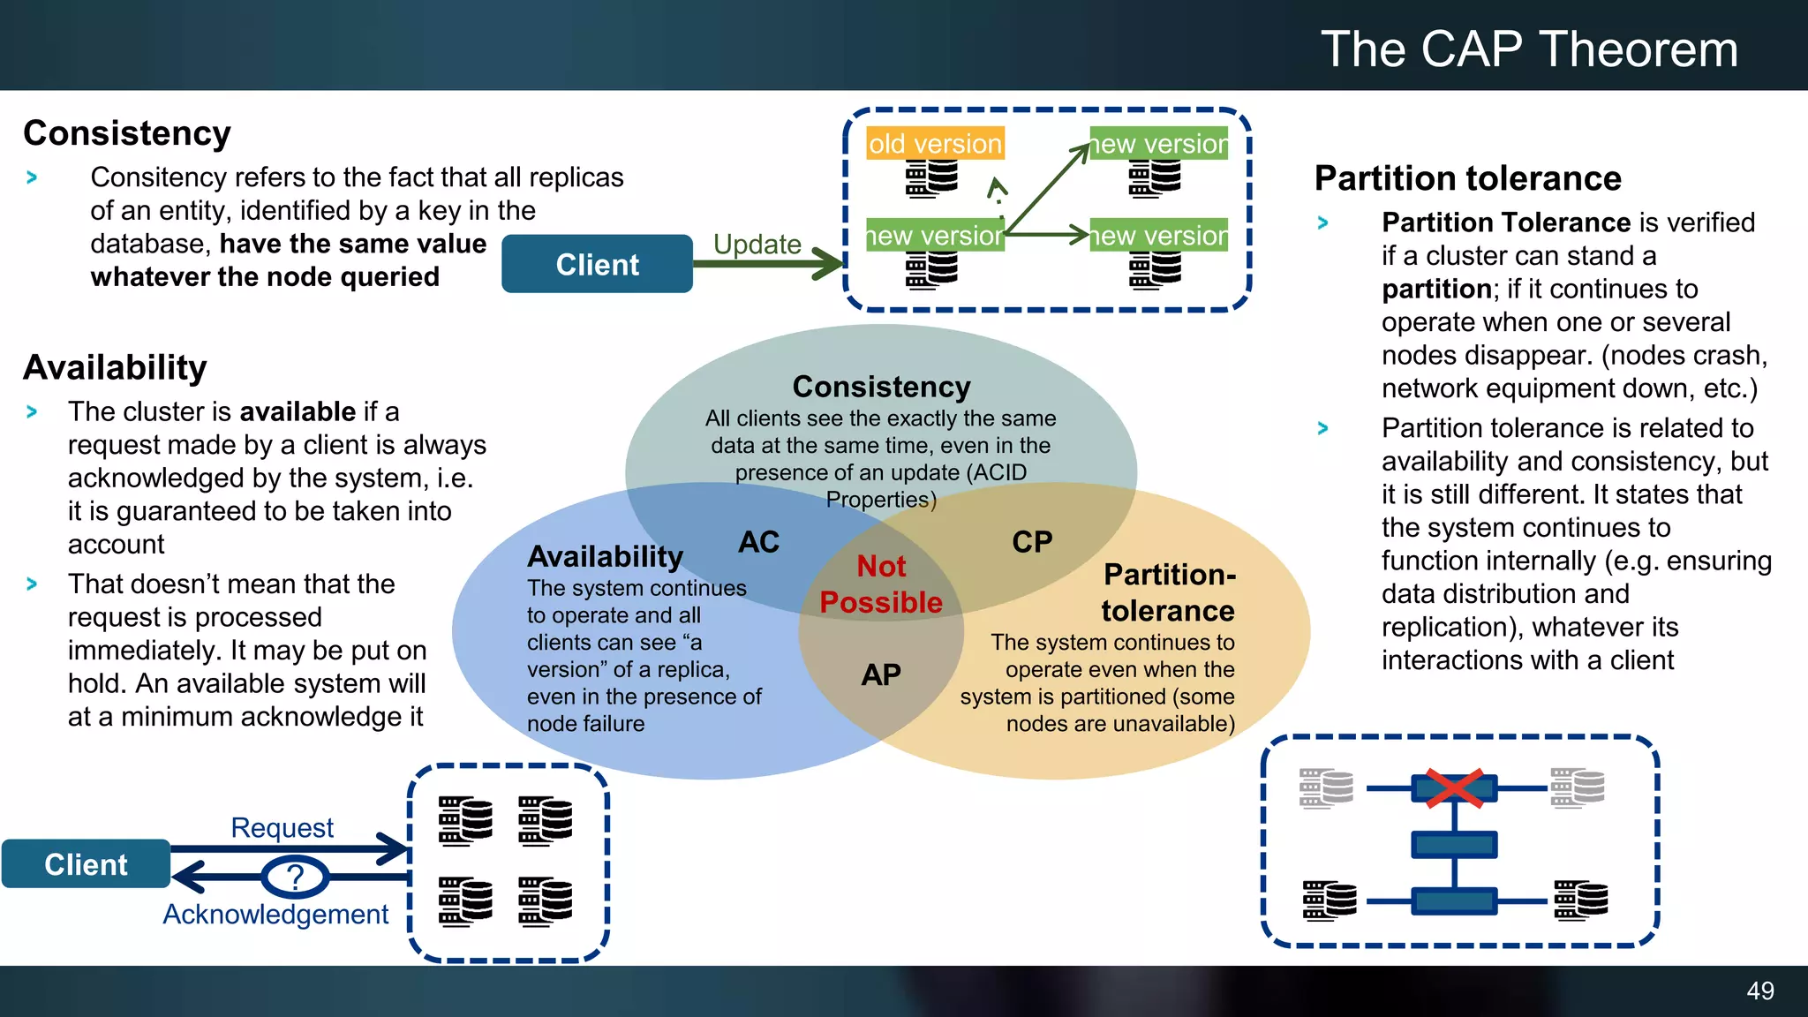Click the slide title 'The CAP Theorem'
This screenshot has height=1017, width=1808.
point(1528,49)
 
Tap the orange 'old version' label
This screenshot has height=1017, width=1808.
point(935,143)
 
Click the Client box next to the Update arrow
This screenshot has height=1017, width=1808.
point(597,264)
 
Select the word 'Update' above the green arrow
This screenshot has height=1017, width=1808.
point(757,244)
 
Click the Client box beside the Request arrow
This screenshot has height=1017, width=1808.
point(86,864)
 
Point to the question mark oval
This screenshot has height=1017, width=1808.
point(295,877)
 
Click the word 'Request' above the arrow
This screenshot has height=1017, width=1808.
point(282,827)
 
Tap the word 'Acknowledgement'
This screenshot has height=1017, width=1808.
point(275,914)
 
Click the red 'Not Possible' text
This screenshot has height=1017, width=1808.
point(881,584)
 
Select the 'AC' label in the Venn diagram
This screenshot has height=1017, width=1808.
point(758,541)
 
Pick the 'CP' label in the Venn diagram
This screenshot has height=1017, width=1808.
point(1031,541)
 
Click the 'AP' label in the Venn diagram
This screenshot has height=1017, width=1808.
point(881,674)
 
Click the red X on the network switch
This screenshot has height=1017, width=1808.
point(1454,787)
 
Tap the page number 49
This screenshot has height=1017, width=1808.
point(1759,991)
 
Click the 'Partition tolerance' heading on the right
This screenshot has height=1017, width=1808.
point(1467,178)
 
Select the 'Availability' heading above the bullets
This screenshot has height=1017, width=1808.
point(116,367)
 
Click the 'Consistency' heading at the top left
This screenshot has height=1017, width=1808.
point(127,133)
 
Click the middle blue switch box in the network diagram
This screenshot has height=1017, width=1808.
point(1454,845)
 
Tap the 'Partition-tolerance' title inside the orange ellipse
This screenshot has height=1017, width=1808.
point(1168,592)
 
